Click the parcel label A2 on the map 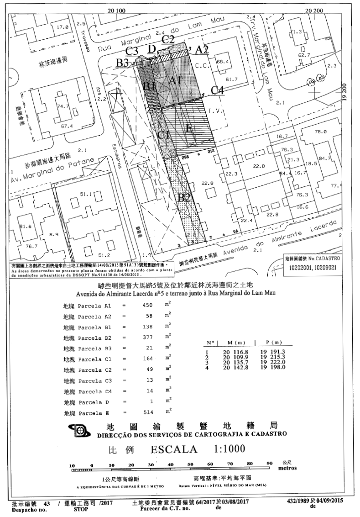202,49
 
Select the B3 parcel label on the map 122,63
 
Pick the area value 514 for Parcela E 142,413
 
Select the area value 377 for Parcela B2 142,337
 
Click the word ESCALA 174,449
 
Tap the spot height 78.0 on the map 321,132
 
